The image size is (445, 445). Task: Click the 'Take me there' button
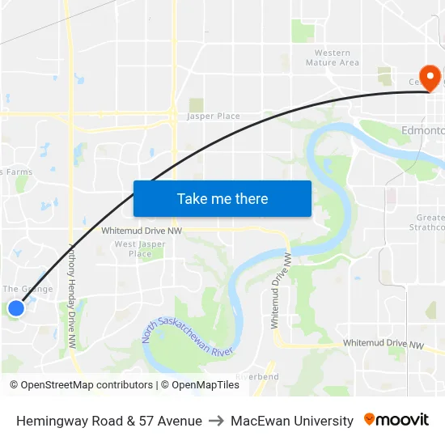pos(222,199)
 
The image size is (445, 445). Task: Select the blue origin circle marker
pos(15,307)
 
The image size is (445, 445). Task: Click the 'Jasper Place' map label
pos(214,117)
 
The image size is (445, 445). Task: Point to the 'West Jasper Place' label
pos(140,248)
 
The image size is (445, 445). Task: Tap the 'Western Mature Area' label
pos(333,57)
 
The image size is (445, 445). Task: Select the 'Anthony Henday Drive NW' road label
pos(72,296)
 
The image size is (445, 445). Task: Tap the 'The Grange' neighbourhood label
pos(28,289)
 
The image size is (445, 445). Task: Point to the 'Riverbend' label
pos(257,376)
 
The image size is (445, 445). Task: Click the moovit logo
pos(396,420)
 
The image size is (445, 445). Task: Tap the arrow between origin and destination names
pos(216,421)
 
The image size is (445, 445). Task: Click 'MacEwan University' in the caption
pos(292,421)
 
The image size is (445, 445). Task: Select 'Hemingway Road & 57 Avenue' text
pos(109,421)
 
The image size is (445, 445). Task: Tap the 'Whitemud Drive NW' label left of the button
pos(141,231)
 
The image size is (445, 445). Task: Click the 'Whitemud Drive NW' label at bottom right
pos(383,344)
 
